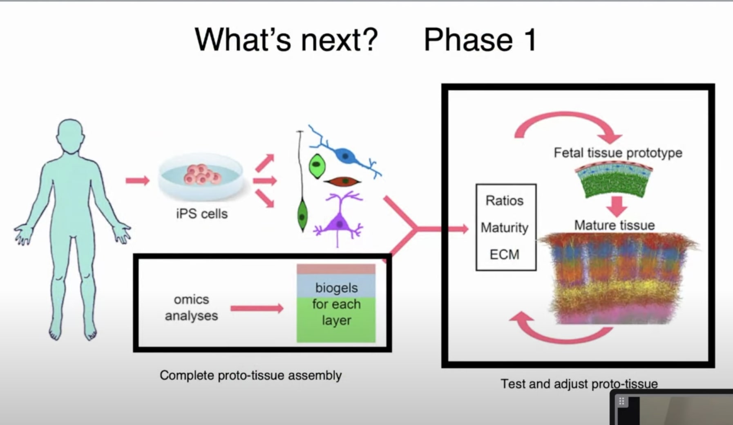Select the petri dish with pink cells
point(201,177)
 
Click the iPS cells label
point(202,213)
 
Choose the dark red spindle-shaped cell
point(343,181)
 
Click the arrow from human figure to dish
point(138,180)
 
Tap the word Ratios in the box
point(504,201)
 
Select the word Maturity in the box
point(504,228)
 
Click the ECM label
point(504,254)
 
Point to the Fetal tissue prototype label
point(618,152)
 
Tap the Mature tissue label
point(614,225)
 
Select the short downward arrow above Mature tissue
point(617,206)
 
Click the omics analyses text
point(191,307)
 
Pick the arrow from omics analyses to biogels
point(257,308)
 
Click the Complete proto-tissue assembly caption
point(250,375)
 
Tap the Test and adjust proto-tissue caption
point(579,384)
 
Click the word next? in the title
point(339,40)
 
